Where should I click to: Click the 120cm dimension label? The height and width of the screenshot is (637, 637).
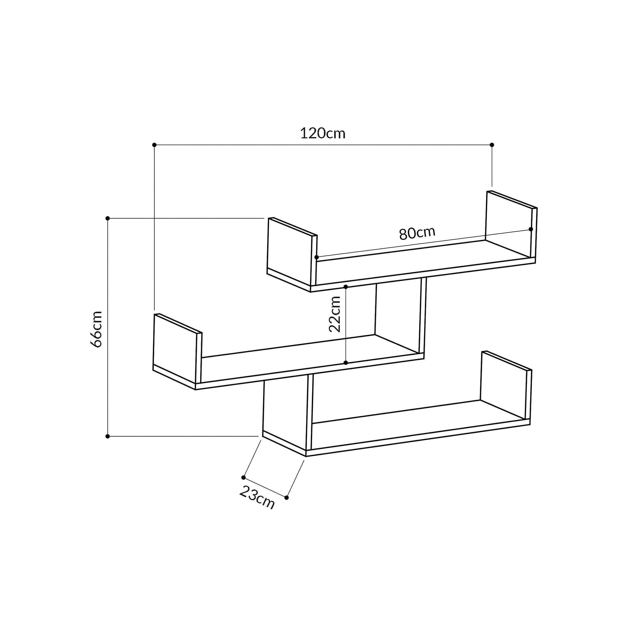click(323, 134)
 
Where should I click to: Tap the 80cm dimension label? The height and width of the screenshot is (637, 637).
click(417, 233)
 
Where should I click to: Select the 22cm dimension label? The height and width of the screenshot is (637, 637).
click(335, 314)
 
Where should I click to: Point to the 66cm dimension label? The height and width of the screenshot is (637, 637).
click(96, 329)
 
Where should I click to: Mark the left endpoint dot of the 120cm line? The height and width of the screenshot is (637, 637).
click(154, 145)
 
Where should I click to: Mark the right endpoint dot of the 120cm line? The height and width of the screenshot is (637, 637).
click(492, 145)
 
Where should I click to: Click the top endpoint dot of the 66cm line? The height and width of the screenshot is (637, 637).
click(108, 218)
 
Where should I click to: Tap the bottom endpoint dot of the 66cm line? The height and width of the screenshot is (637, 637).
click(108, 436)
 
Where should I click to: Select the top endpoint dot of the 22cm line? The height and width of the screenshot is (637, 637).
click(346, 287)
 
